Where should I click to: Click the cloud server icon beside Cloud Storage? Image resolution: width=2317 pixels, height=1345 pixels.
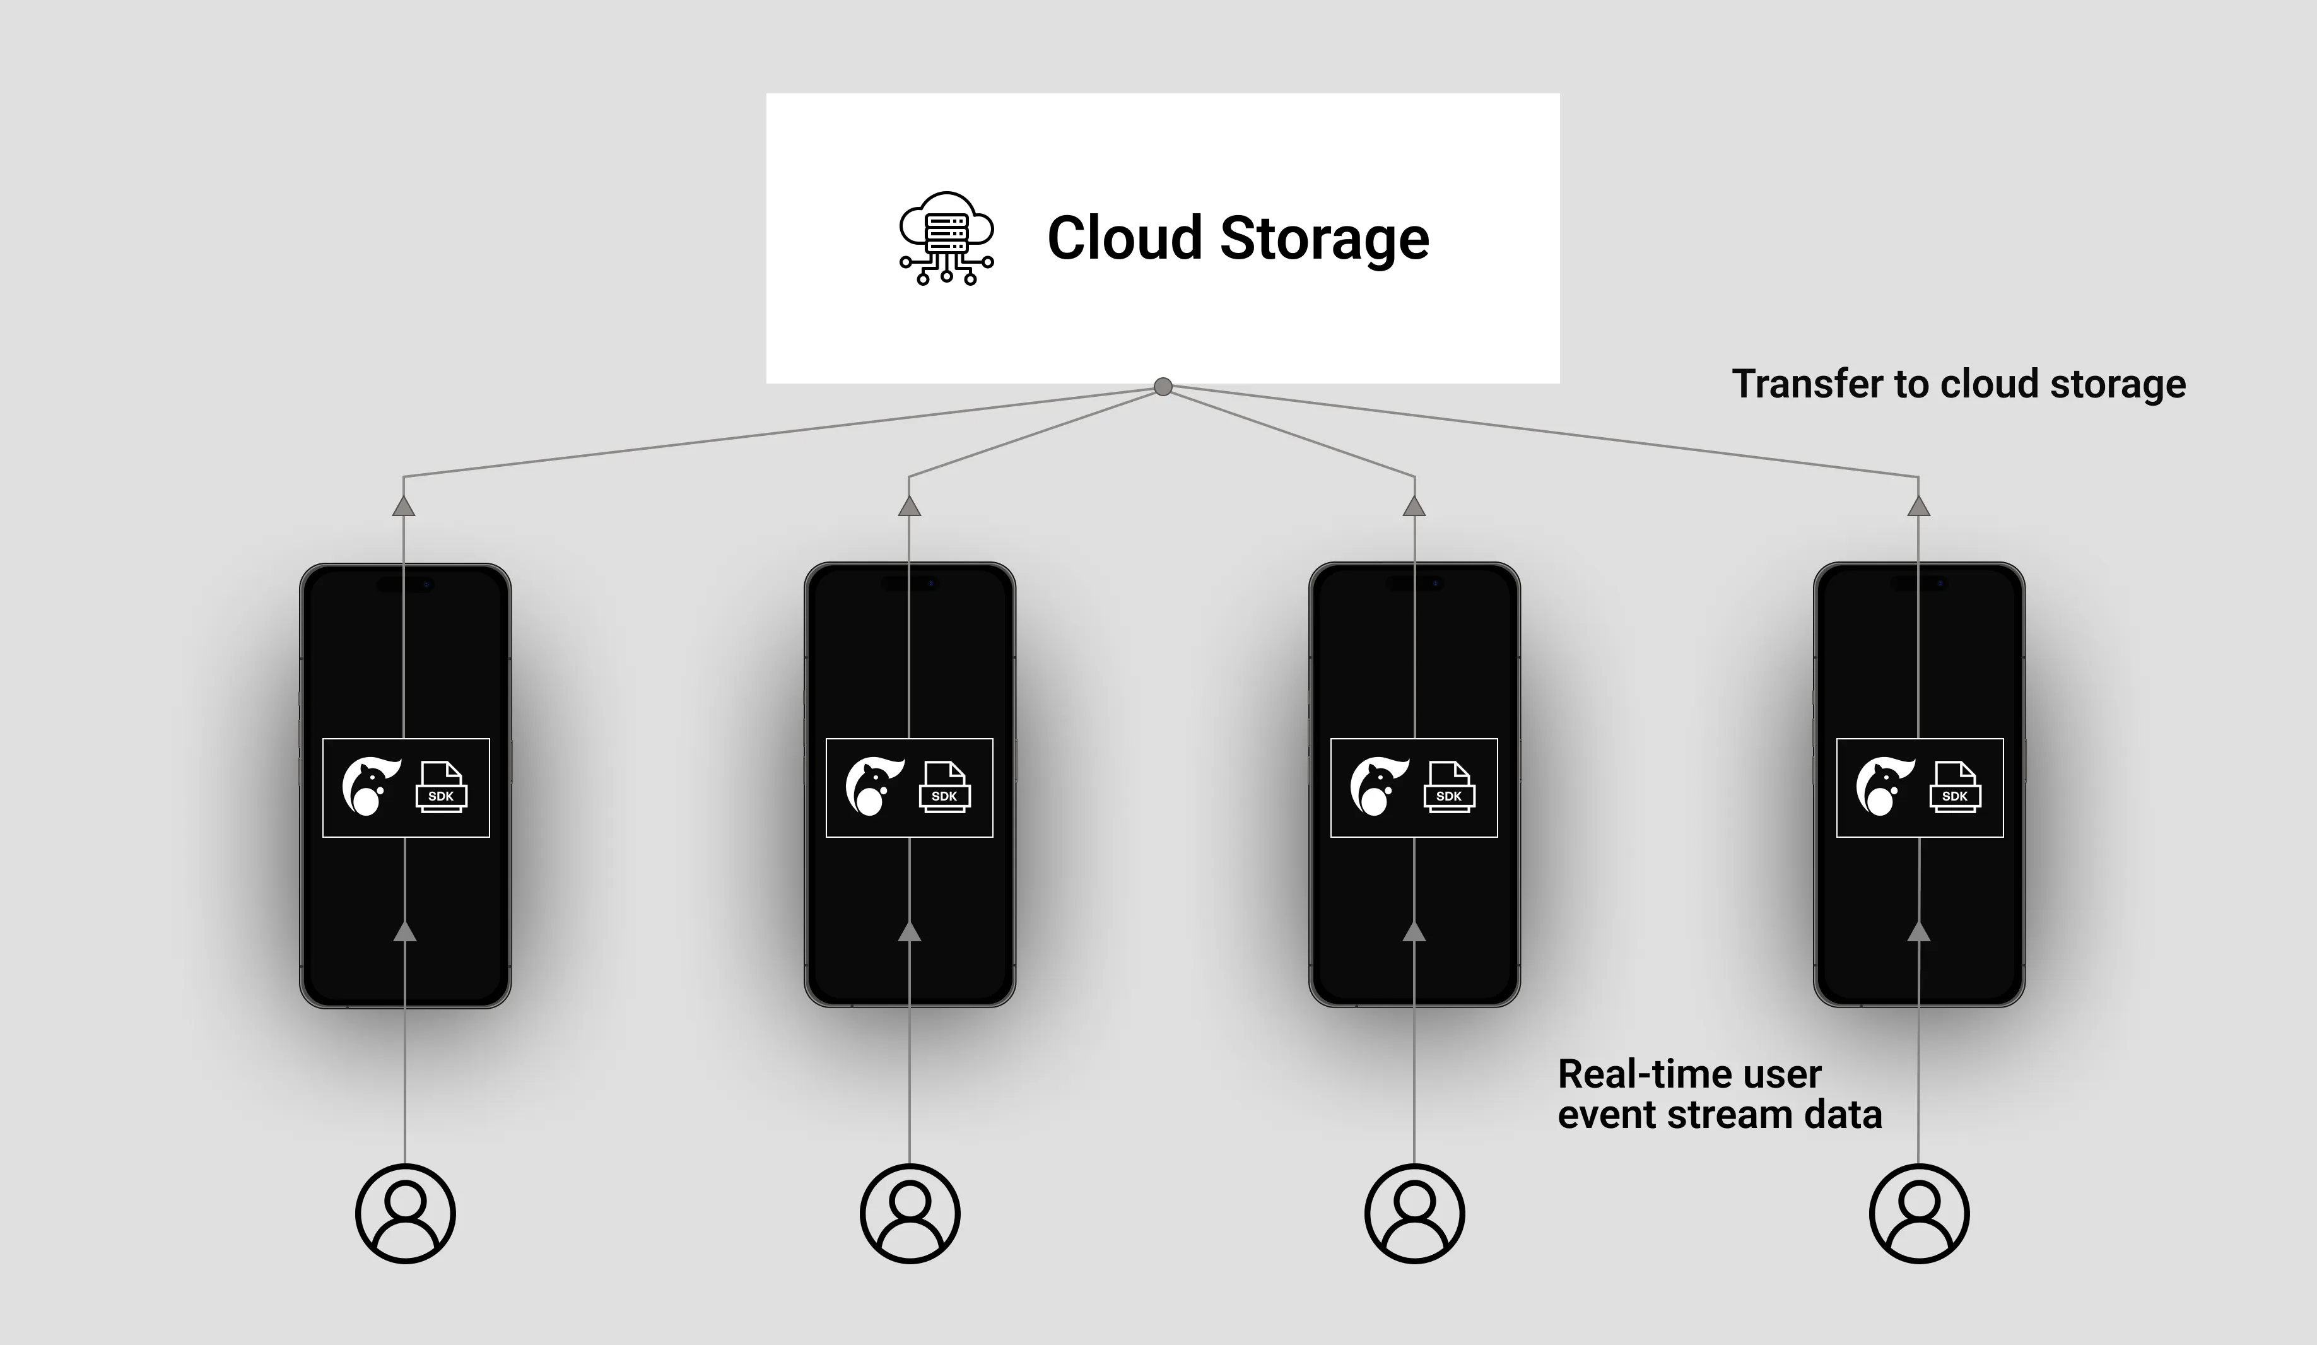(x=946, y=238)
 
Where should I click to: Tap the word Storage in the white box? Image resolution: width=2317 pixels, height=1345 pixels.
(x=1324, y=238)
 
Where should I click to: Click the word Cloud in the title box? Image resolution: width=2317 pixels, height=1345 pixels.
(x=1125, y=238)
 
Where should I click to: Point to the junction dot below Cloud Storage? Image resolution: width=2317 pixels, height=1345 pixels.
(x=1163, y=387)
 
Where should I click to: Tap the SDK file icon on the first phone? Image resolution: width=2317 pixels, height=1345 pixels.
(x=442, y=788)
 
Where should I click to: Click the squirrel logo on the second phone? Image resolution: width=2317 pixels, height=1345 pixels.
(x=874, y=787)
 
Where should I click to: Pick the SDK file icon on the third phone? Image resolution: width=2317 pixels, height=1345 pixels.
(x=1449, y=788)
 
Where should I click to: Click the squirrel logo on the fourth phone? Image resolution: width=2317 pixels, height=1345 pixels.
(x=1883, y=787)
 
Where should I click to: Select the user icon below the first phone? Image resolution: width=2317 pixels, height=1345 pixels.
(x=406, y=1214)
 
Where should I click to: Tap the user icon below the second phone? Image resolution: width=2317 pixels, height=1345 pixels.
(x=910, y=1214)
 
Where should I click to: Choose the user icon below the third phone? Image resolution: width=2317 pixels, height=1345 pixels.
(x=1414, y=1214)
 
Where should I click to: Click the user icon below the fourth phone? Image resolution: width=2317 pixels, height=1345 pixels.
(x=1919, y=1214)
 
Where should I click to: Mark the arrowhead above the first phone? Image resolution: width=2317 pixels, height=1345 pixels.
(x=404, y=507)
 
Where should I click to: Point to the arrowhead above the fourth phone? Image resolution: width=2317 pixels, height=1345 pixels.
(x=1918, y=507)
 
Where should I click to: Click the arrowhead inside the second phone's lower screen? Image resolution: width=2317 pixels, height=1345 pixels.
(x=910, y=932)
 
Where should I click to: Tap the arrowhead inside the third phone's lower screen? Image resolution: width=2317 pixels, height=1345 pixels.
(x=1414, y=932)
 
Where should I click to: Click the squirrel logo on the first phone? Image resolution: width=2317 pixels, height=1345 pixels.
(x=370, y=787)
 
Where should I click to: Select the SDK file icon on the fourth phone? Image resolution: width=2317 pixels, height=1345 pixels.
(x=1955, y=788)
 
